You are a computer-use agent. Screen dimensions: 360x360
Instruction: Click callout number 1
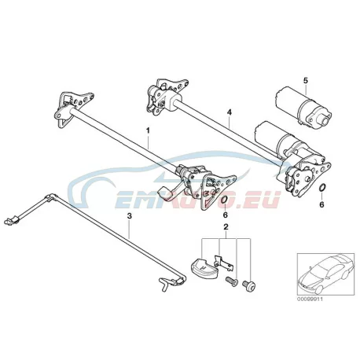[148, 130]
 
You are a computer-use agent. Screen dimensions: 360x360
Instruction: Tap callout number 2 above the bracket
[226, 227]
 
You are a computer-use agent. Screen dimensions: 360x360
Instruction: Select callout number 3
[129, 216]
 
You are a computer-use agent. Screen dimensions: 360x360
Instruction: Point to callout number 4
[230, 112]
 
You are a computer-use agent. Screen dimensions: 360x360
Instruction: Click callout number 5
[306, 81]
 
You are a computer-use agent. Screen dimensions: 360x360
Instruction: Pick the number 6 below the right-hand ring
[321, 204]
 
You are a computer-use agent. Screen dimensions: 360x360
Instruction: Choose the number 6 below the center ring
[226, 215]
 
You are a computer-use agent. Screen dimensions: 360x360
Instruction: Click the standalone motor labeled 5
[303, 106]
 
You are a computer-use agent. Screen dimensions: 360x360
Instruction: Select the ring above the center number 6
[222, 200]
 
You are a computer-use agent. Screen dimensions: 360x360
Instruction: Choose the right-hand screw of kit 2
[249, 284]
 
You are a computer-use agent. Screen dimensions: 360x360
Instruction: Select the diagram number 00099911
[310, 299]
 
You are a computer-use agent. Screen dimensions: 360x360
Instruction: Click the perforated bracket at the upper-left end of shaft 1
[72, 107]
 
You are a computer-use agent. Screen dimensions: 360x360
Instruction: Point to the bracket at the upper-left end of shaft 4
[167, 96]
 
